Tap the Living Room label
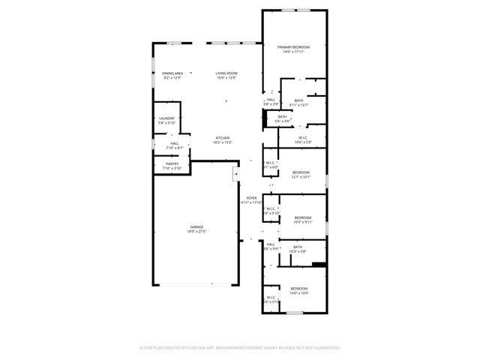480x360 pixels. pos(226,73)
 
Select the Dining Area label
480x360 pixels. pos(172,73)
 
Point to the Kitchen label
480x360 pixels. pos(223,138)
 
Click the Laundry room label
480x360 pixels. pos(166,118)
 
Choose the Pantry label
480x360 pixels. pos(172,163)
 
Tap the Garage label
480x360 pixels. pos(196,226)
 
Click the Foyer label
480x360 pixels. pos(251,198)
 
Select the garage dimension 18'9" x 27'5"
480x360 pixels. pos(196,232)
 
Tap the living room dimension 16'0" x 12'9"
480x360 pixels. pos(226,78)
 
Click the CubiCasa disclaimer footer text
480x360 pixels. pos(240,348)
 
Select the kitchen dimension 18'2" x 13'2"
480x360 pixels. pos(223,143)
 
